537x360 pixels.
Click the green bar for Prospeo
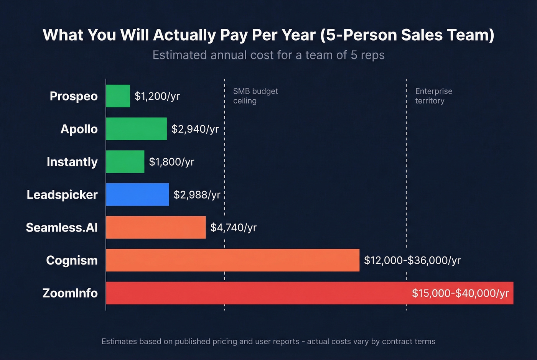(x=118, y=96)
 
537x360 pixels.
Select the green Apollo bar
(x=136, y=129)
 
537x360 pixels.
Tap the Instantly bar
(x=125, y=162)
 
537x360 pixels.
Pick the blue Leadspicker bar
(x=137, y=194)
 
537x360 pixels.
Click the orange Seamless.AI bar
(x=156, y=227)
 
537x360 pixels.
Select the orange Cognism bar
(x=232, y=260)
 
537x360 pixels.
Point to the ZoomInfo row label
(x=70, y=293)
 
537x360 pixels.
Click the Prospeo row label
(x=74, y=96)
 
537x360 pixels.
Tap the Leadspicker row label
(x=62, y=195)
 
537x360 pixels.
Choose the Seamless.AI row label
(x=62, y=228)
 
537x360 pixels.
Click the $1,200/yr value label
(x=157, y=96)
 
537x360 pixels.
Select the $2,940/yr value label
(x=195, y=129)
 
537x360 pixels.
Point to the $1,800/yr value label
(x=171, y=162)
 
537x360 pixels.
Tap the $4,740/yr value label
(x=233, y=228)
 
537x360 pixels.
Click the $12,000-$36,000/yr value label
(x=412, y=261)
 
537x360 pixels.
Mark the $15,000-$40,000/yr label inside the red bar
(x=460, y=293)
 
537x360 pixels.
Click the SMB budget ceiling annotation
(x=255, y=96)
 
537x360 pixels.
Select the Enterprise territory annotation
(x=433, y=96)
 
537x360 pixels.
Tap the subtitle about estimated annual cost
(x=268, y=55)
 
